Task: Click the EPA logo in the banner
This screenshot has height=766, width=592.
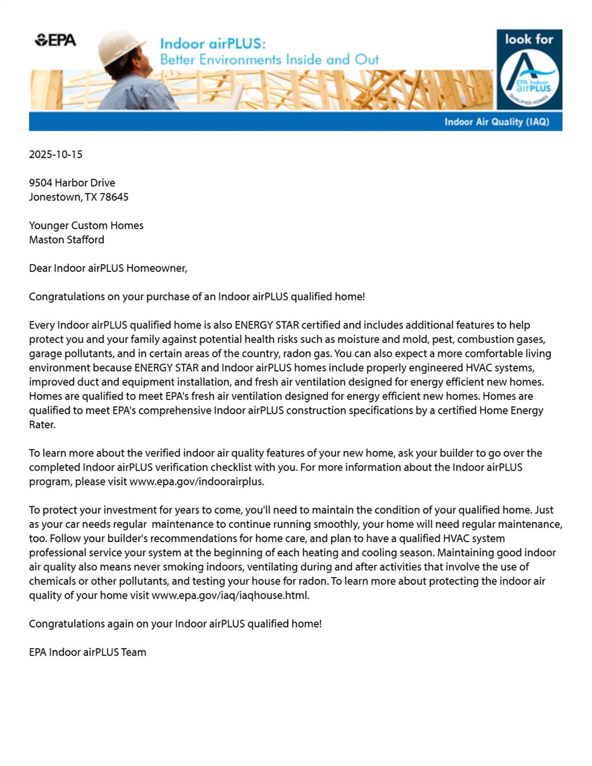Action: click(55, 40)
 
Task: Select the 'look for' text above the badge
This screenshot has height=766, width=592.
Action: click(529, 39)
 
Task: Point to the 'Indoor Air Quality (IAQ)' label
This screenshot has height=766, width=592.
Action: click(496, 122)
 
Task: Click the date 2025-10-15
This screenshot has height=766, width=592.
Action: click(55, 154)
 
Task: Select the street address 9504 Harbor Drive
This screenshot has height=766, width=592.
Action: click(72, 183)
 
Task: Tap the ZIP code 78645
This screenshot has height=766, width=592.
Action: click(114, 197)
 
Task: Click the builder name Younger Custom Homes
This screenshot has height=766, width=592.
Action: click(86, 225)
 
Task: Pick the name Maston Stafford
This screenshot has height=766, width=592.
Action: click(66, 239)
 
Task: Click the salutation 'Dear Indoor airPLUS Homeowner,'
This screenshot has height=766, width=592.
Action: click(108, 268)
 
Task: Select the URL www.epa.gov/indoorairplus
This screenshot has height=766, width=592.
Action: click(197, 482)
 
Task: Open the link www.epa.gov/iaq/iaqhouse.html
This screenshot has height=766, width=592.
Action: click(230, 595)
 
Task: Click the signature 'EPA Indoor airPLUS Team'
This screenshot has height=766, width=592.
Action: click(87, 652)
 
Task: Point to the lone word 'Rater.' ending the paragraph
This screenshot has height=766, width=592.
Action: click(42, 425)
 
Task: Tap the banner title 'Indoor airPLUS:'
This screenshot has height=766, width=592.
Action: click(213, 44)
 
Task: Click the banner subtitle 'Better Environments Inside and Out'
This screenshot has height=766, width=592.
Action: click(269, 60)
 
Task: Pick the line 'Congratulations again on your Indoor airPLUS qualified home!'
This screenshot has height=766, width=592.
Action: click(175, 624)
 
